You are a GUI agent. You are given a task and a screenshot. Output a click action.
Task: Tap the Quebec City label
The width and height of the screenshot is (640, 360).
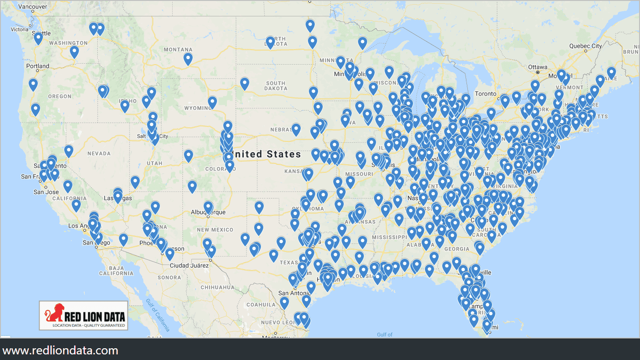(x=585, y=46)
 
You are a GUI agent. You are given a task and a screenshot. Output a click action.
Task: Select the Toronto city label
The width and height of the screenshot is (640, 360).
(x=485, y=94)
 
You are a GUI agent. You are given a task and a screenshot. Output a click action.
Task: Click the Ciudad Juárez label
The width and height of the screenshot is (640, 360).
(x=189, y=265)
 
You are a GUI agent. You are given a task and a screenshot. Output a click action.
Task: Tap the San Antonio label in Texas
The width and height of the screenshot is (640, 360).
(x=294, y=293)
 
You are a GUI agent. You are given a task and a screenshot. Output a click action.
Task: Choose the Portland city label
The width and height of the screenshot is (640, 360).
(x=38, y=66)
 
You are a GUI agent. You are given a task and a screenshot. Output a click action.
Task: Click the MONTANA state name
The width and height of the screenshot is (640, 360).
(x=178, y=50)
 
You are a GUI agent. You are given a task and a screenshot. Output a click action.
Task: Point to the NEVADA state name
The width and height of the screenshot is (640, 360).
(x=99, y=153)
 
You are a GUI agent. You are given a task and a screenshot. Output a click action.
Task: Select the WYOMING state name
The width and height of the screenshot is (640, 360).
(x=197, y=108)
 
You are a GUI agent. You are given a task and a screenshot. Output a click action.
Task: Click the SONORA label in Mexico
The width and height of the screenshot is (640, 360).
(x=169, y=277)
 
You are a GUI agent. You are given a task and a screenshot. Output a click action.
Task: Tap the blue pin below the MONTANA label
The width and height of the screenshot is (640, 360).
(x=188, y=59)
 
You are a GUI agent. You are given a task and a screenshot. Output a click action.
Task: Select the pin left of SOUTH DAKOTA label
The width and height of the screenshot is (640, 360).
(x=244, y=83)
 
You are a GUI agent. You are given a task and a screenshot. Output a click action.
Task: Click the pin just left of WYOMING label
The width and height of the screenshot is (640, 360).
(x=212, y=102)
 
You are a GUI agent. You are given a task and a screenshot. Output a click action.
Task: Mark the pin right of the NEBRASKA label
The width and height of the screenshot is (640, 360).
(x=296, y=129)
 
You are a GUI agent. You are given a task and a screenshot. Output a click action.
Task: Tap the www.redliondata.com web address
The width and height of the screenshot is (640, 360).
(x=60, y=351)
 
